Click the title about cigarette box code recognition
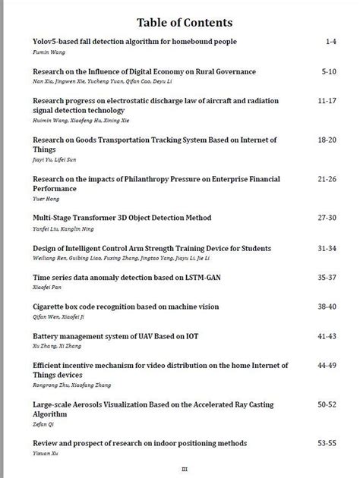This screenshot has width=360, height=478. coord(126,307)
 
